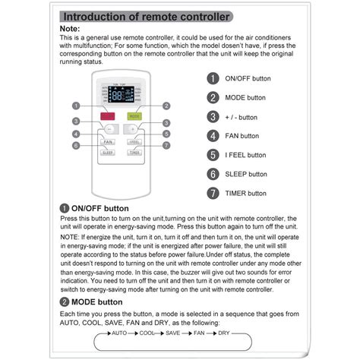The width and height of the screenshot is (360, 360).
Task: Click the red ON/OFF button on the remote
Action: point(107,117)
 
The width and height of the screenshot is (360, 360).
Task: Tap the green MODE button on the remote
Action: point(134,117)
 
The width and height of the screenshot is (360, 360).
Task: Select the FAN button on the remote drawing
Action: point(107,141)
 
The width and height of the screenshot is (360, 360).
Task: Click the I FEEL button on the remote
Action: point(134,141)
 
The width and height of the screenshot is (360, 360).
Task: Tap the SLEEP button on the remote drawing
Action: point(107,152)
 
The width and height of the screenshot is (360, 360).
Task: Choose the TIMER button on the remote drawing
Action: point(134,152)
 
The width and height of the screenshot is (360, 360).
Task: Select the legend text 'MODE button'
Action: point(246,98)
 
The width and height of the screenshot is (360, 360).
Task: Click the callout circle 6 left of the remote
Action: point(76,145)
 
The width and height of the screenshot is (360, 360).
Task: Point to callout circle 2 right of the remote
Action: point(166,106)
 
